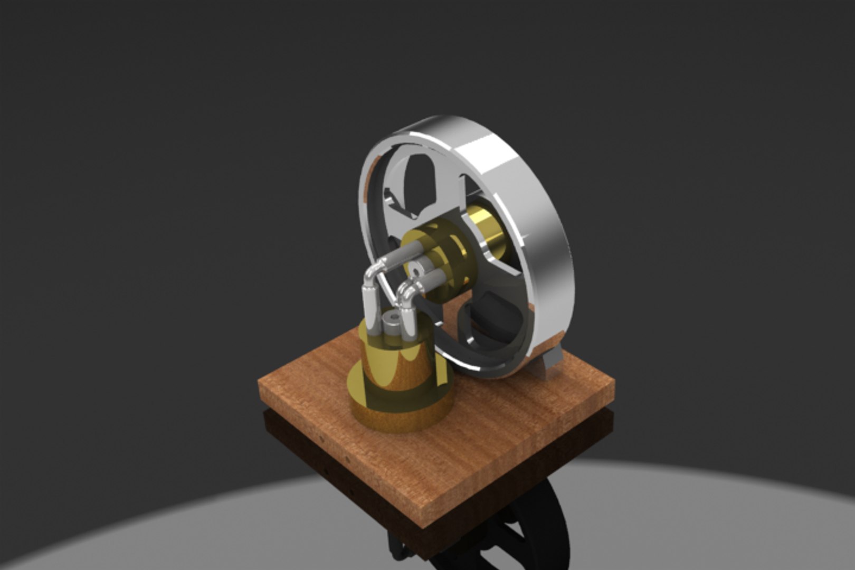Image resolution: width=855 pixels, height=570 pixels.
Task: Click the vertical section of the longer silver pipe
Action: point(370,306)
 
